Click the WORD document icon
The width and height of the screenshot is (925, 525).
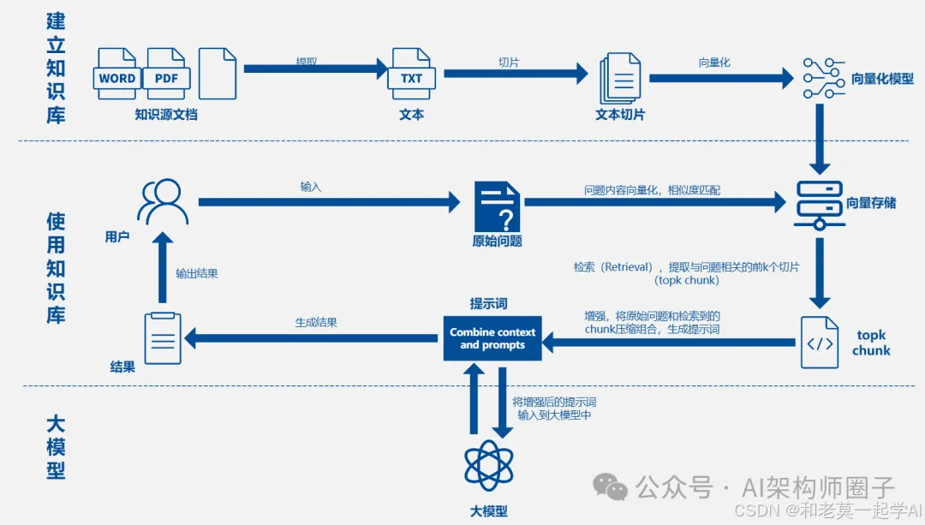pos(117,75)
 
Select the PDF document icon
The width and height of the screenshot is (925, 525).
pos(166,75)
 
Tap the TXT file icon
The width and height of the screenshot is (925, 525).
pos(411,75)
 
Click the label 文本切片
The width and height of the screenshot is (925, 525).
pos(620,115)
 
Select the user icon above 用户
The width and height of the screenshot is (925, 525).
pos(162,202)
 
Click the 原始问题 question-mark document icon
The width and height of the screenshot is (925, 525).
pos(498,206)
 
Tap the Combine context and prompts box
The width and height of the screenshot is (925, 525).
pos(492,338)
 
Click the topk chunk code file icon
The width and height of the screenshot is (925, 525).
pos(819,342)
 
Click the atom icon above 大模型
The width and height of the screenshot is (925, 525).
pos(489,465)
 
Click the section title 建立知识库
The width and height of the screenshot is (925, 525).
pos(56,69)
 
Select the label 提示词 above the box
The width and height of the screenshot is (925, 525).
pos(488,304)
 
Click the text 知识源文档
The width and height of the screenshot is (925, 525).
pos(166,115)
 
